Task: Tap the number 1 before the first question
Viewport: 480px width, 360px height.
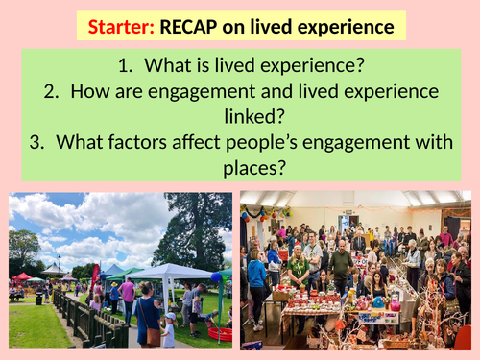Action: tap(132, 67)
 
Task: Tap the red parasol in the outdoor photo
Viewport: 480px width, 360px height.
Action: tap(21, 276)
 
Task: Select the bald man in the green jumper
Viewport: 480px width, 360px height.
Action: tap(341, 264)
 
